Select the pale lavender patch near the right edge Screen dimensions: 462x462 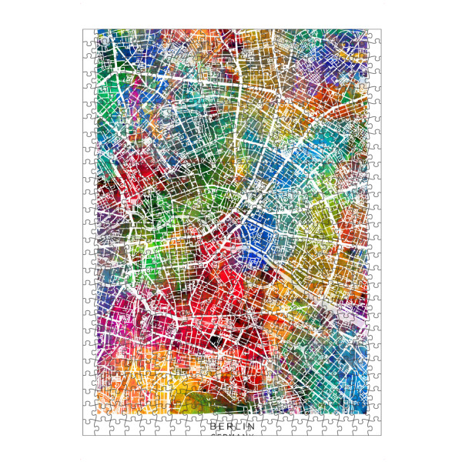click(x=350, y=308)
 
